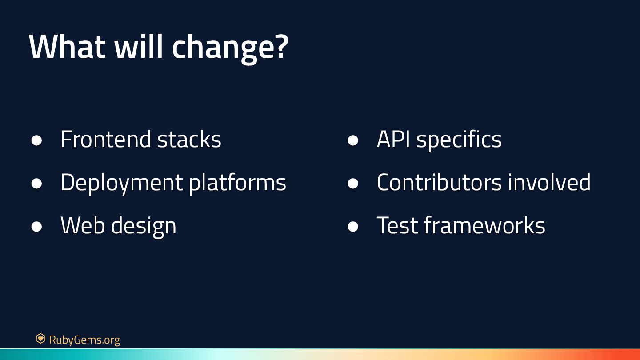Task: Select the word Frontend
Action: [x=105, y=139]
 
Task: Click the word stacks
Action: [x=189, y=139]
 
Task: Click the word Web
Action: [x=83, y=225]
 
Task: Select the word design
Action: [x=144, y=227]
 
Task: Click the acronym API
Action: [x=393, y=140]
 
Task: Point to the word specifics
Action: [x=459, y=140]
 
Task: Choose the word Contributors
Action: [x=439, y=182]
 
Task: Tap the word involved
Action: [x=549, y=182]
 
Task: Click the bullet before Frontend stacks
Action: [x=36, y=140]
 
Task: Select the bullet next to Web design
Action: [x=36, y=227]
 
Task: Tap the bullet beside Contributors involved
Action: [x=353, y=184]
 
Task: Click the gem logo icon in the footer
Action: [x=40, y=339]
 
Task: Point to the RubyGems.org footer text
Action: [x=84, y=340]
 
